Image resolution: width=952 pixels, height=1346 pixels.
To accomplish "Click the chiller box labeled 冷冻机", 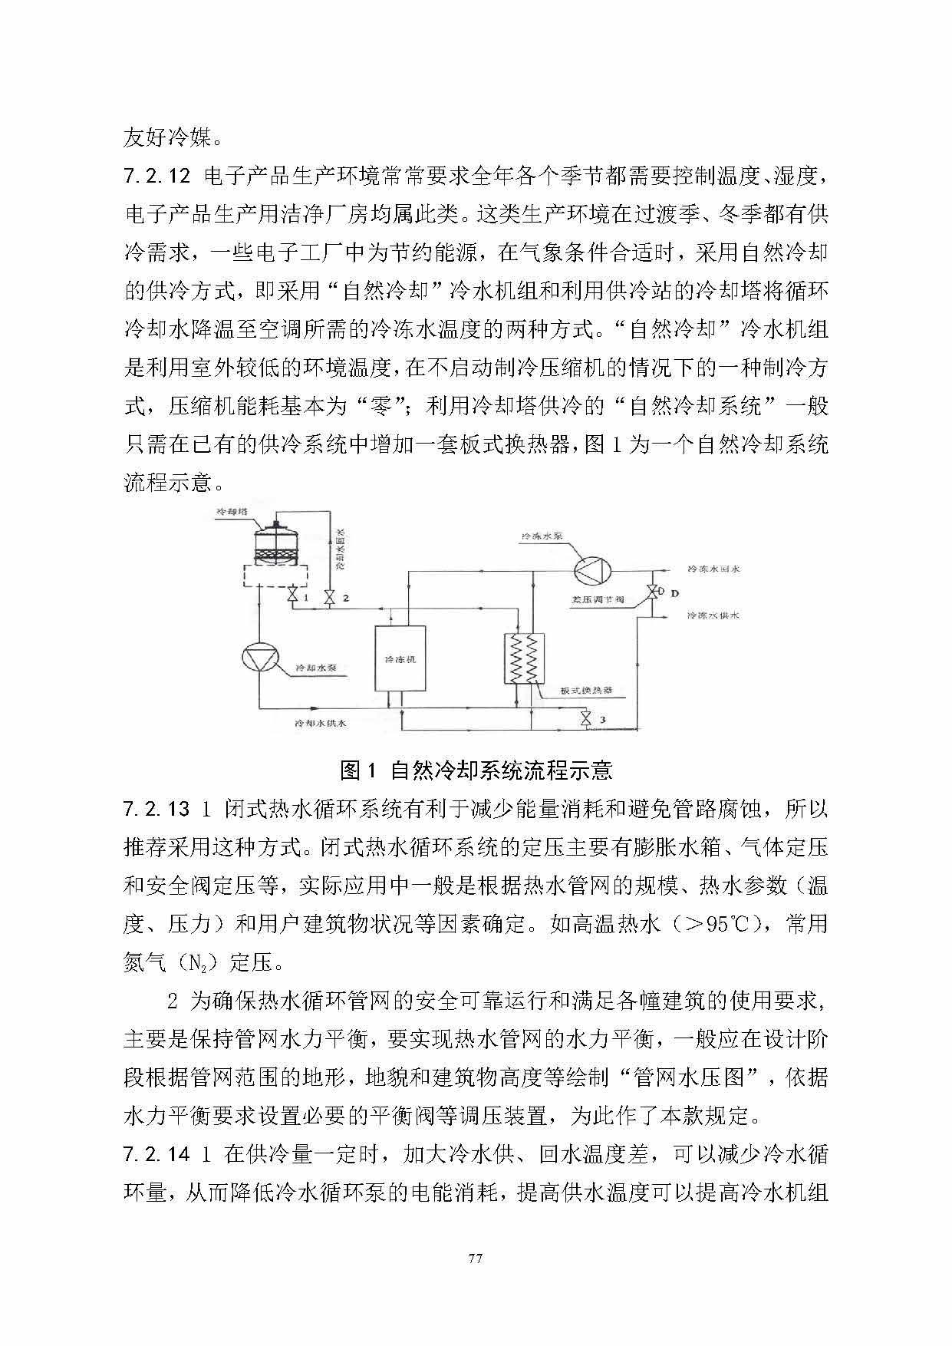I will (x=400, y=658).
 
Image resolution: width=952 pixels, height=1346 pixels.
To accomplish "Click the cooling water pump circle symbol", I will (x=259, y=659).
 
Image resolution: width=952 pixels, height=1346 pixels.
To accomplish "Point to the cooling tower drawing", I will (x=276, y=546).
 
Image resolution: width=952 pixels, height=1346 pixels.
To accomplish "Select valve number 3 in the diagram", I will (x=586, y=719).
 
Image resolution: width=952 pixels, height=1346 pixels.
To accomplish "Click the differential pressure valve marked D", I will (x=652, y=592).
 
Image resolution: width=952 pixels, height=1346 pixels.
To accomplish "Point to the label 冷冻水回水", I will (x=713, y=569).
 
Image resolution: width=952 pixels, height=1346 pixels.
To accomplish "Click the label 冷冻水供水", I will (x=713, y=615).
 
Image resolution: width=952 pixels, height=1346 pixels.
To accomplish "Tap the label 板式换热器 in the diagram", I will (x=586, y=690).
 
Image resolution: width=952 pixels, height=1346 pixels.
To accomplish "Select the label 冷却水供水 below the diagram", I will (x=321, y=723).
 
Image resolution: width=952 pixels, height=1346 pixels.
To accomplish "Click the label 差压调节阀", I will (x=598, y=599).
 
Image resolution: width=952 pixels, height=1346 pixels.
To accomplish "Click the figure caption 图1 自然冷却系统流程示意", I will (x=476, y=770).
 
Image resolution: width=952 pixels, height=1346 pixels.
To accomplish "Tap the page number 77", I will (x=476, y=1259).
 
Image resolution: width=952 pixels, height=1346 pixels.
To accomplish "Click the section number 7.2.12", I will (x=156, y=176).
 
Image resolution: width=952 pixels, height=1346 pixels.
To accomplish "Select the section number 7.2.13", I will (x=156, y=810).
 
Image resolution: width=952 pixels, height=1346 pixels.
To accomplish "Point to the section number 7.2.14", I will (x=156, y=1154).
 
